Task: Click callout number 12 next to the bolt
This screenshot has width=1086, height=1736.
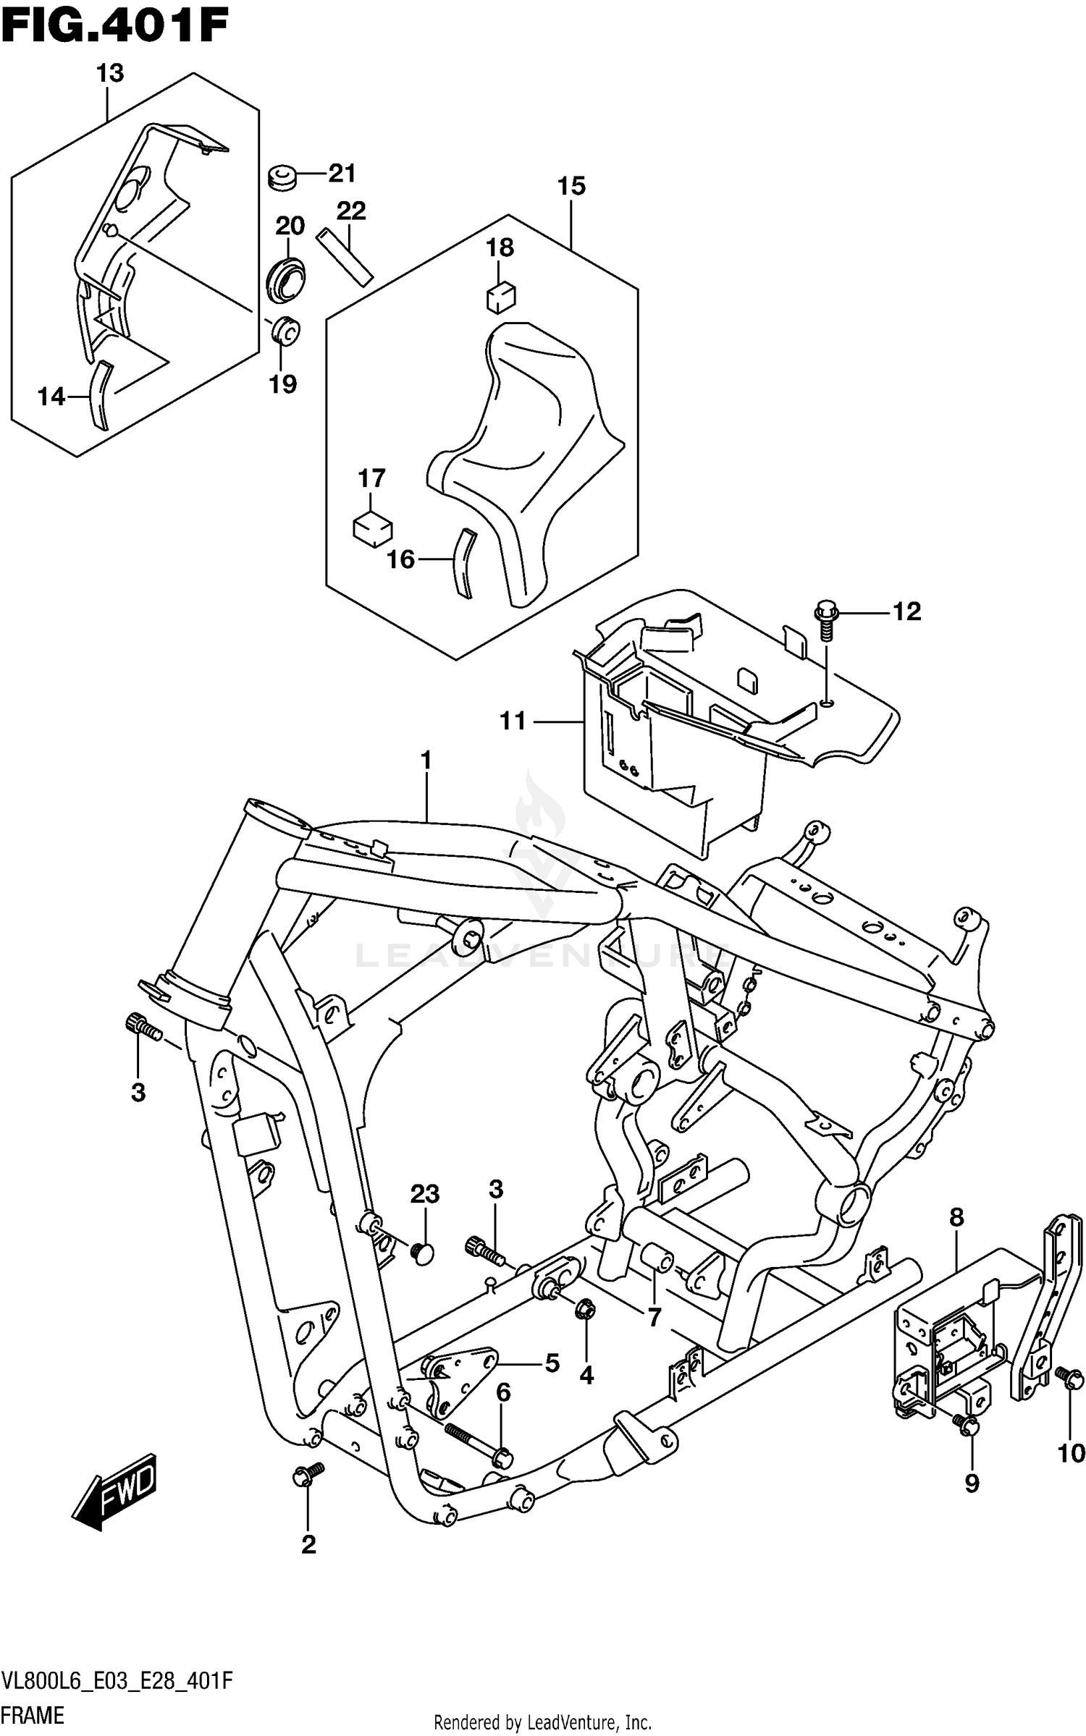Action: click(906, 611)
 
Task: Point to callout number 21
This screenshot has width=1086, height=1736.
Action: click(342, 173)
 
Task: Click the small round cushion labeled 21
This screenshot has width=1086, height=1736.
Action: click(282, 177)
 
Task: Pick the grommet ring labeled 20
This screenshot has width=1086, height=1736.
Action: click(285, 279)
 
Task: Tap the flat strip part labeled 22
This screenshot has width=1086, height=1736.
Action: click(345, 256)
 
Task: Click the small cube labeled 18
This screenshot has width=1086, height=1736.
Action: click(500, 297)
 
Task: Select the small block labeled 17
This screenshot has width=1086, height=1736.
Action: click(372, 529)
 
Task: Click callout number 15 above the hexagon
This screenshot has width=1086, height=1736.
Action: click(571, 186)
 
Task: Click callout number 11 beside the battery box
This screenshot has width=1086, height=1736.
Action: click(513, 721)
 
